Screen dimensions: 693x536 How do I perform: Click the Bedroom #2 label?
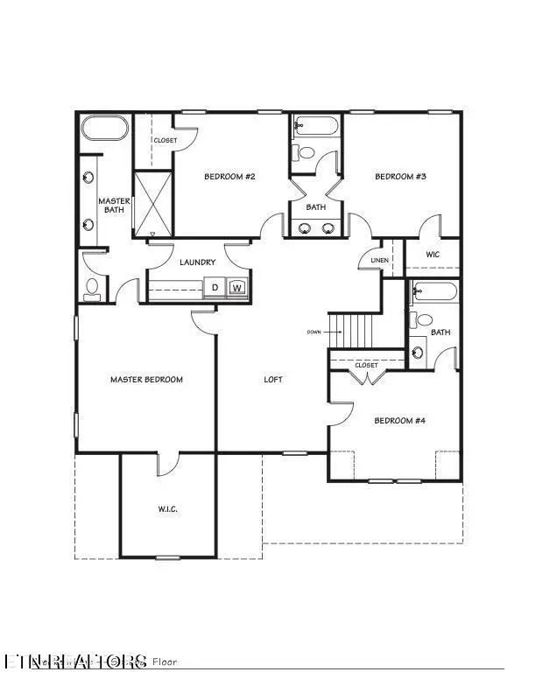click(x=229, y=177)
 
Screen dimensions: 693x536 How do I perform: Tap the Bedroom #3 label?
click(x=400, y=177)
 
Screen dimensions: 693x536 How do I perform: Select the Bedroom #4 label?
click(x=399, y=421)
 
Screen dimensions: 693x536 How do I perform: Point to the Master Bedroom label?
click(x=146, y=380)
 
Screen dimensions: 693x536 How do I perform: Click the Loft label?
click(x=274, y=380)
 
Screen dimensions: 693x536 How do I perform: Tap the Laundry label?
click(x=197, y=262)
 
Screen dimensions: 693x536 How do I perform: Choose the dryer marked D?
click(x=215, y=287)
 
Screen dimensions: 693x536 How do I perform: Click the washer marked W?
click(x=236, y=287)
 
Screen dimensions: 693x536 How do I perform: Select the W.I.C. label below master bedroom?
click(x=168, y=509)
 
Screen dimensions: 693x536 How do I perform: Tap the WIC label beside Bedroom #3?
click(x=433, y=255)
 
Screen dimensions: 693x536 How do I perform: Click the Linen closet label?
click(x=379, y=260)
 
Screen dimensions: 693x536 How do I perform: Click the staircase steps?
click(x=356, y=331)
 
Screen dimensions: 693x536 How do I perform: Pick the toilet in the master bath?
click(x=92, y=287)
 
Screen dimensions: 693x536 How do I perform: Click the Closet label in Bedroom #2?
click(x=165, y=140)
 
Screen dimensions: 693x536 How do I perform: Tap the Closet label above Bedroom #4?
click(x=366, y=365)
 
